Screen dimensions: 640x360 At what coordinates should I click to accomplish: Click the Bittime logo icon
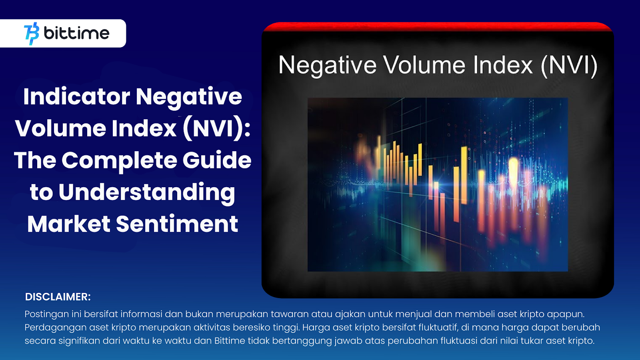(x=32, y=34)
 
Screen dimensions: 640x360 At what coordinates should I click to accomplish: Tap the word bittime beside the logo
(x=76, y=33)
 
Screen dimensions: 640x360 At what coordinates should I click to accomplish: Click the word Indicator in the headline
(x=77, y=96)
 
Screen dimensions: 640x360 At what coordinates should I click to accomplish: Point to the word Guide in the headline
(x=217, y=160)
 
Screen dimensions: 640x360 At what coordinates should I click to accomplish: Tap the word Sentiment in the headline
(x=177, y=224)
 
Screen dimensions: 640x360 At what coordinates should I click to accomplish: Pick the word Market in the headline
(x=69, y=224)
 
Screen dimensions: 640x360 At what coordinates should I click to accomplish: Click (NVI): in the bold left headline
(x=216, y=128)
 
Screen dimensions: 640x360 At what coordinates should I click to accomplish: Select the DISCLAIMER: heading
(x=58, y=297)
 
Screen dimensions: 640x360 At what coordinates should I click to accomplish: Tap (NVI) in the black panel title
(x=569, y=66)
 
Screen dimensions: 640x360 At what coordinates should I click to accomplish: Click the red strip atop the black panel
(x=438, y=26)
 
